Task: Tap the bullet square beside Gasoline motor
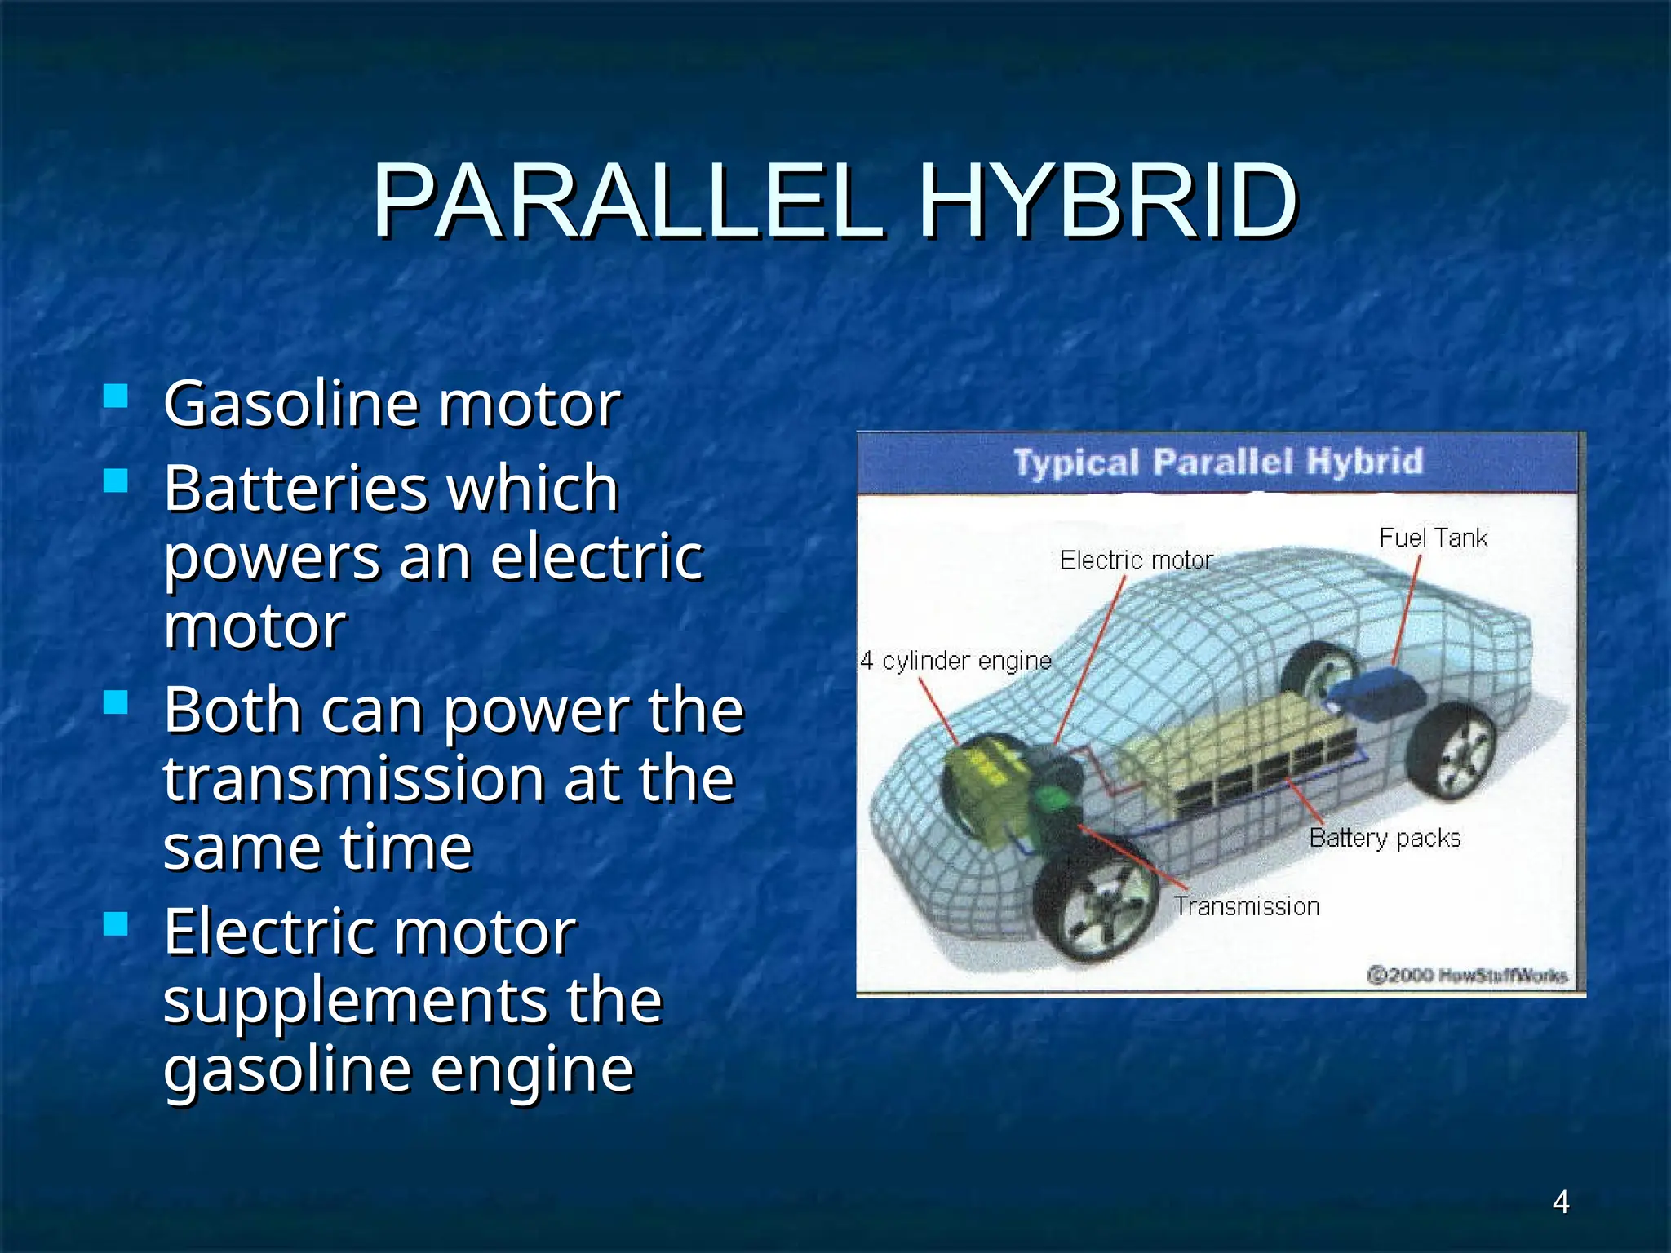point(117,396)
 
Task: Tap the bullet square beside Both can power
point(117,702)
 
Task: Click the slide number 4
point(1560,1202)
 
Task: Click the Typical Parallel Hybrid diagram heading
point(1218,462)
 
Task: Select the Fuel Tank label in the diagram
point(1433,538)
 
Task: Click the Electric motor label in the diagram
point(1136,560)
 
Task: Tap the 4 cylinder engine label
point(955,660)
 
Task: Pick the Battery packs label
point(1385,838)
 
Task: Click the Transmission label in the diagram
point(1246,906)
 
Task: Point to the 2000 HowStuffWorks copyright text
point(1467,975)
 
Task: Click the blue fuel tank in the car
point(1379,691)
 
